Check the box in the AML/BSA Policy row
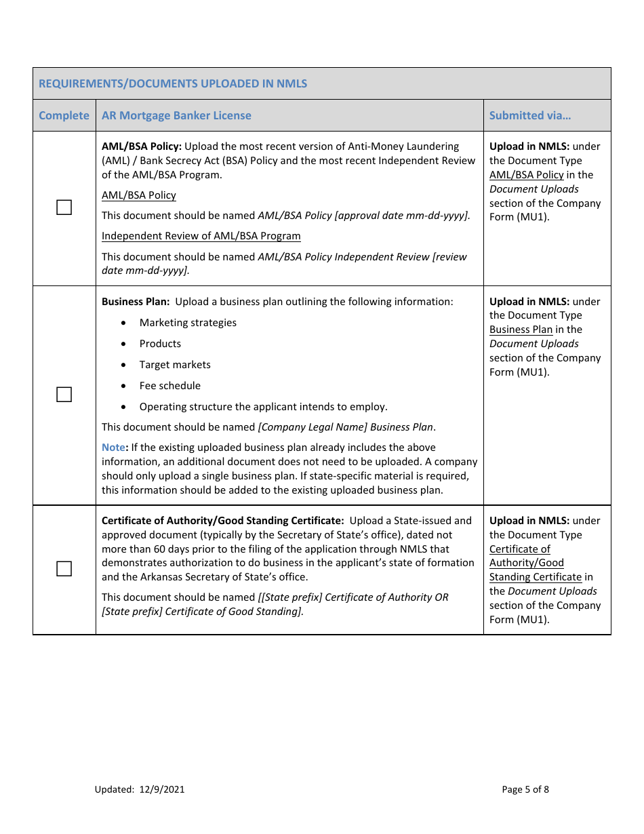coord(64,207)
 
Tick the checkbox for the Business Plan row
coord(64,395)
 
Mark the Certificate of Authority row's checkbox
coord(64,569)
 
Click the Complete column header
coord(64,115)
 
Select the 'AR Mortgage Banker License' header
coord(176,115)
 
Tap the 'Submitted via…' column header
coord(530,115)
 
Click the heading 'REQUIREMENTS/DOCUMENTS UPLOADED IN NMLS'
coord(173,83)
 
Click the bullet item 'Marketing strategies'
coord(188,323)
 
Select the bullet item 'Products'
coord(160,344)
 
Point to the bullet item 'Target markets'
coord(175,365)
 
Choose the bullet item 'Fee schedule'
coord(170,386)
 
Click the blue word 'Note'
coord(113,448)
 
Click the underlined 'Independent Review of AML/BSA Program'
coord(201,236)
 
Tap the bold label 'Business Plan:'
coord(136,302)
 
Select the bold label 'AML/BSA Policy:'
coord(142,146)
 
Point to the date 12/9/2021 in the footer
coord(162,789)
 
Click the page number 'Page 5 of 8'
coord(525,789)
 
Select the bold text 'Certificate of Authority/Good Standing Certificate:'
coord(222,521)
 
